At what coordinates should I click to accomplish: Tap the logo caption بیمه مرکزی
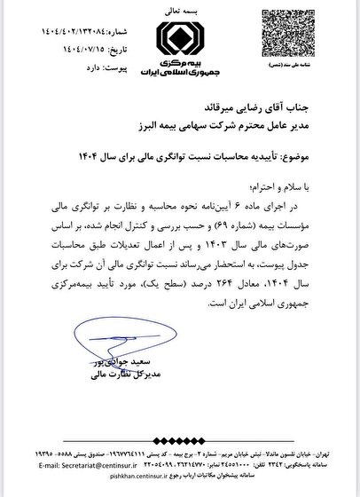[x=180, y=65]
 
